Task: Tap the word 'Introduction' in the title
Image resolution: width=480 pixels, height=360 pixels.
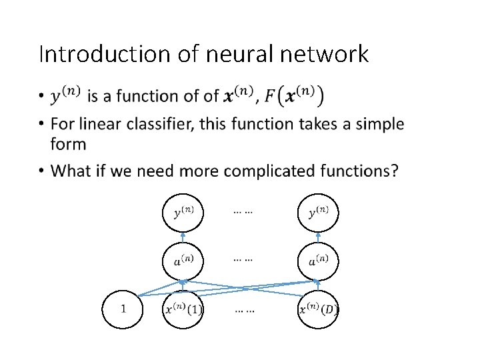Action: tap(104, 54)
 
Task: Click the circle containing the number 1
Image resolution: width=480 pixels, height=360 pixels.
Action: tap(123, 309)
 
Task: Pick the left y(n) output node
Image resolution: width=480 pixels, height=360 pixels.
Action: tap(183, 213)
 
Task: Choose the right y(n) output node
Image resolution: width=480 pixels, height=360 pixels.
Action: tap(317, 213)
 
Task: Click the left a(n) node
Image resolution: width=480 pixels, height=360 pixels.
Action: tap(183, 260)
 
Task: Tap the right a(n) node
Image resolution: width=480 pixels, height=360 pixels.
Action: tap(317, 260)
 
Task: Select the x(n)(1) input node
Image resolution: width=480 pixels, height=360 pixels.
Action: tap(183, 309)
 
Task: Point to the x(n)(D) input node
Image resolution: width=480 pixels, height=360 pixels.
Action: tap(317, 309)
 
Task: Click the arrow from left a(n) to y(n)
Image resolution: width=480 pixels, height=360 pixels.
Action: tap(183, 237)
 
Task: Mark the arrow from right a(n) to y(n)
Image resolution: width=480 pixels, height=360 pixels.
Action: tap(317, 237)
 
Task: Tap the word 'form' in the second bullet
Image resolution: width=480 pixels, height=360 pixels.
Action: tap(68, 144)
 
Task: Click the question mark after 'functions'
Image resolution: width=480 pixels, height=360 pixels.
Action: tap(395, 171)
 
